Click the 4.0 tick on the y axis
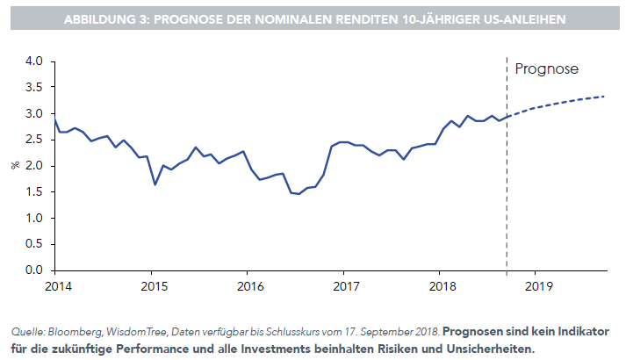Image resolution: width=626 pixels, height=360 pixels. pyautogui.click(x=34, y=61)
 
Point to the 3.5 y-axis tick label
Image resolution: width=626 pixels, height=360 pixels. pyautogui.click(x=34, y=88)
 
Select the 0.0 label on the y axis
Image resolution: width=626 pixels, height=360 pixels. pyautogui.click(x=34, y=270)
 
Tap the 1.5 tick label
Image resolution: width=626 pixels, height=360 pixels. pyautogui.click(x=34, y=191)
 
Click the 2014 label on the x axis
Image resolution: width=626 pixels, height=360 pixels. pyautogui.click(x=55, y=285)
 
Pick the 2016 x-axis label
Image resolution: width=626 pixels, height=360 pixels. pyautogui.click(x=250, y=285)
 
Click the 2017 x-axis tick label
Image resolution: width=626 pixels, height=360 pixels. pyautogui.click(x=348, y=285)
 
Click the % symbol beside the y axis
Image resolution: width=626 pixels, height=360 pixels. pyautogui.click(x=15, y=165)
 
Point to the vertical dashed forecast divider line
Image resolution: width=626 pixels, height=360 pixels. pyautogui.click(x=507, y=176)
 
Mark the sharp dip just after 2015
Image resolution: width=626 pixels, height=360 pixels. pyautogui.click(x=155, y=184)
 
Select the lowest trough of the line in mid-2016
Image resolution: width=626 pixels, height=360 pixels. pyautogui.click(x=299, y=194)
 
